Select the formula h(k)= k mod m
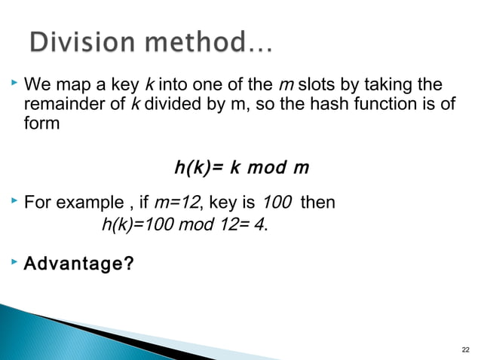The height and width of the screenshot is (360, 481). [x=241, y=166]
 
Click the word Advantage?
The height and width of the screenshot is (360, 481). [x=75, y=264]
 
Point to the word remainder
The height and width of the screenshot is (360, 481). [x=61, y=103]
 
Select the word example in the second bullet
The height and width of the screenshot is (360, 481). [x=89, y=203]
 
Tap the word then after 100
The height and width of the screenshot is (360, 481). [x=318, y=203]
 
